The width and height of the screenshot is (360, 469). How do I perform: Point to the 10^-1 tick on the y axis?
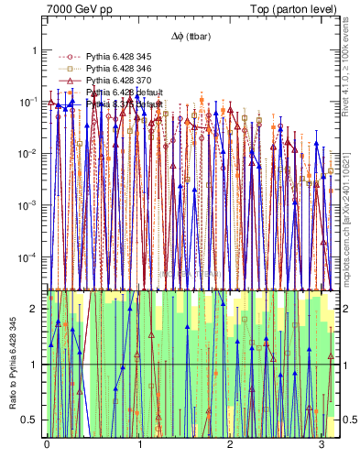pos(27,102)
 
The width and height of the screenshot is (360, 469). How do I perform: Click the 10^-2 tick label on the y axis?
pos(27,153)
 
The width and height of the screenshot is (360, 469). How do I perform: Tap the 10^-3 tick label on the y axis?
pos(27,205)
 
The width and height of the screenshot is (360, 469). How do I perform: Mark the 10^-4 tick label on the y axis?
pos(27,257)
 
